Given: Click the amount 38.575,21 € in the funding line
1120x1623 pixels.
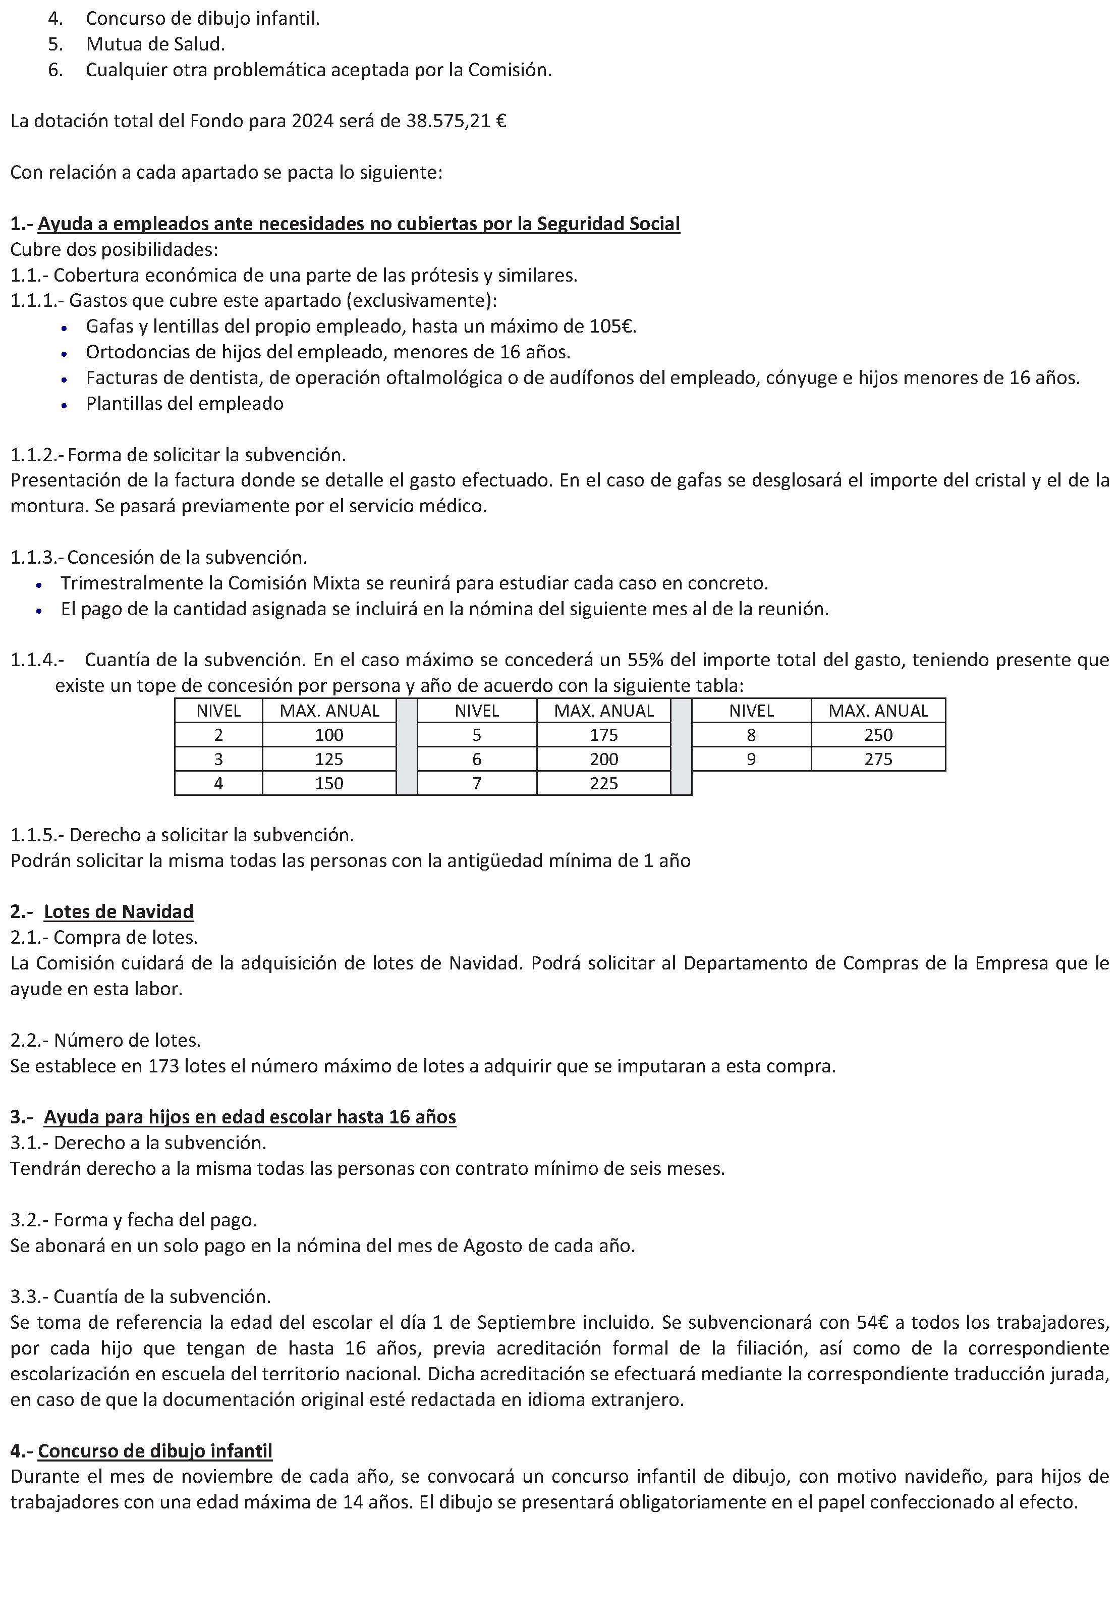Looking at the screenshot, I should (x=456, y=122).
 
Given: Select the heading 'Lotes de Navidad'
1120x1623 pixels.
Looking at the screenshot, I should (x=118, y=912).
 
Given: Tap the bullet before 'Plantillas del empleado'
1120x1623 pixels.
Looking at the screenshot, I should (x=64, y=405).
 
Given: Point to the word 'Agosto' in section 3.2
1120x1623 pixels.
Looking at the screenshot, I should (x=490, y=1246).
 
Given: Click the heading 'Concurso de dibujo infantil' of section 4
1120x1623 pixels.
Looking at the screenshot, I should (x=154, y=1451).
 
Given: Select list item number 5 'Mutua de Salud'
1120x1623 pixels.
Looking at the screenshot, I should (x=154, y=44).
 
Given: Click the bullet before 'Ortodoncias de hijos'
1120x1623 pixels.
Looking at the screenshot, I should (x=64, y=354).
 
